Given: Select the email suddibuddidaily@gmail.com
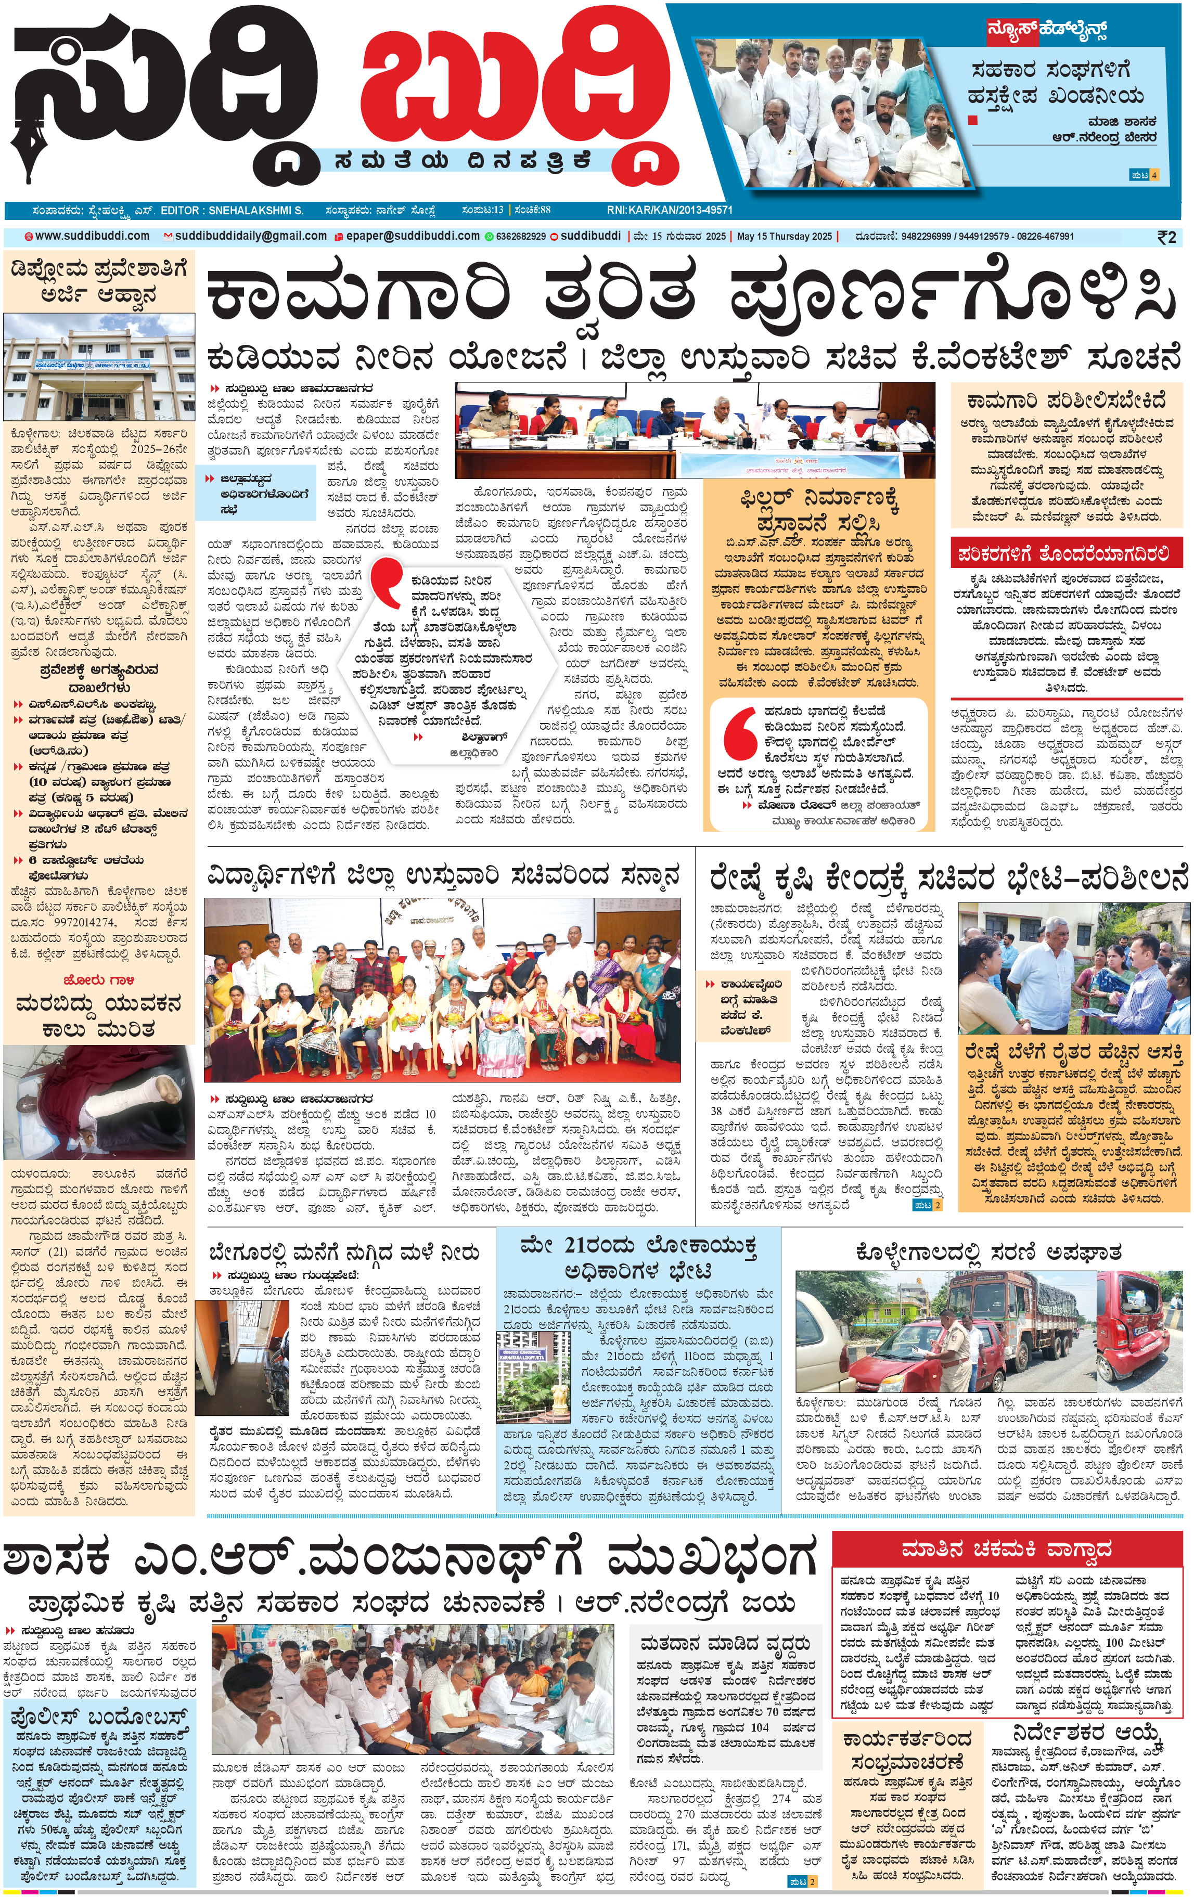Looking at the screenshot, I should [250, 236].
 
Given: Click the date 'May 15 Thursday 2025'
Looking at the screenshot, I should [784, 236].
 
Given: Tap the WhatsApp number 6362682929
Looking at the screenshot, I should [520, 236].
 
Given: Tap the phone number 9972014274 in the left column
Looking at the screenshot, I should [81, 922].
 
